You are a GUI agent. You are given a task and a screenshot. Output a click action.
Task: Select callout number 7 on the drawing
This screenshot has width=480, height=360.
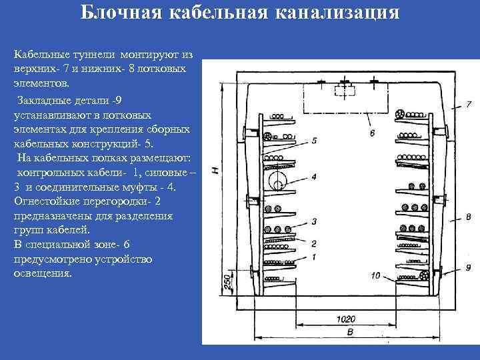coord(469,104)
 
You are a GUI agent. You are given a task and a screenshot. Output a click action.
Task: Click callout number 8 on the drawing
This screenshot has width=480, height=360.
coord(469,217)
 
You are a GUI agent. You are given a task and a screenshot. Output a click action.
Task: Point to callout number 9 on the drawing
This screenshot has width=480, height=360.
coord(469,267)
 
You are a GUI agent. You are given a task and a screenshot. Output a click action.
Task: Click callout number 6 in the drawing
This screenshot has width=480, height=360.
coord(371,133)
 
